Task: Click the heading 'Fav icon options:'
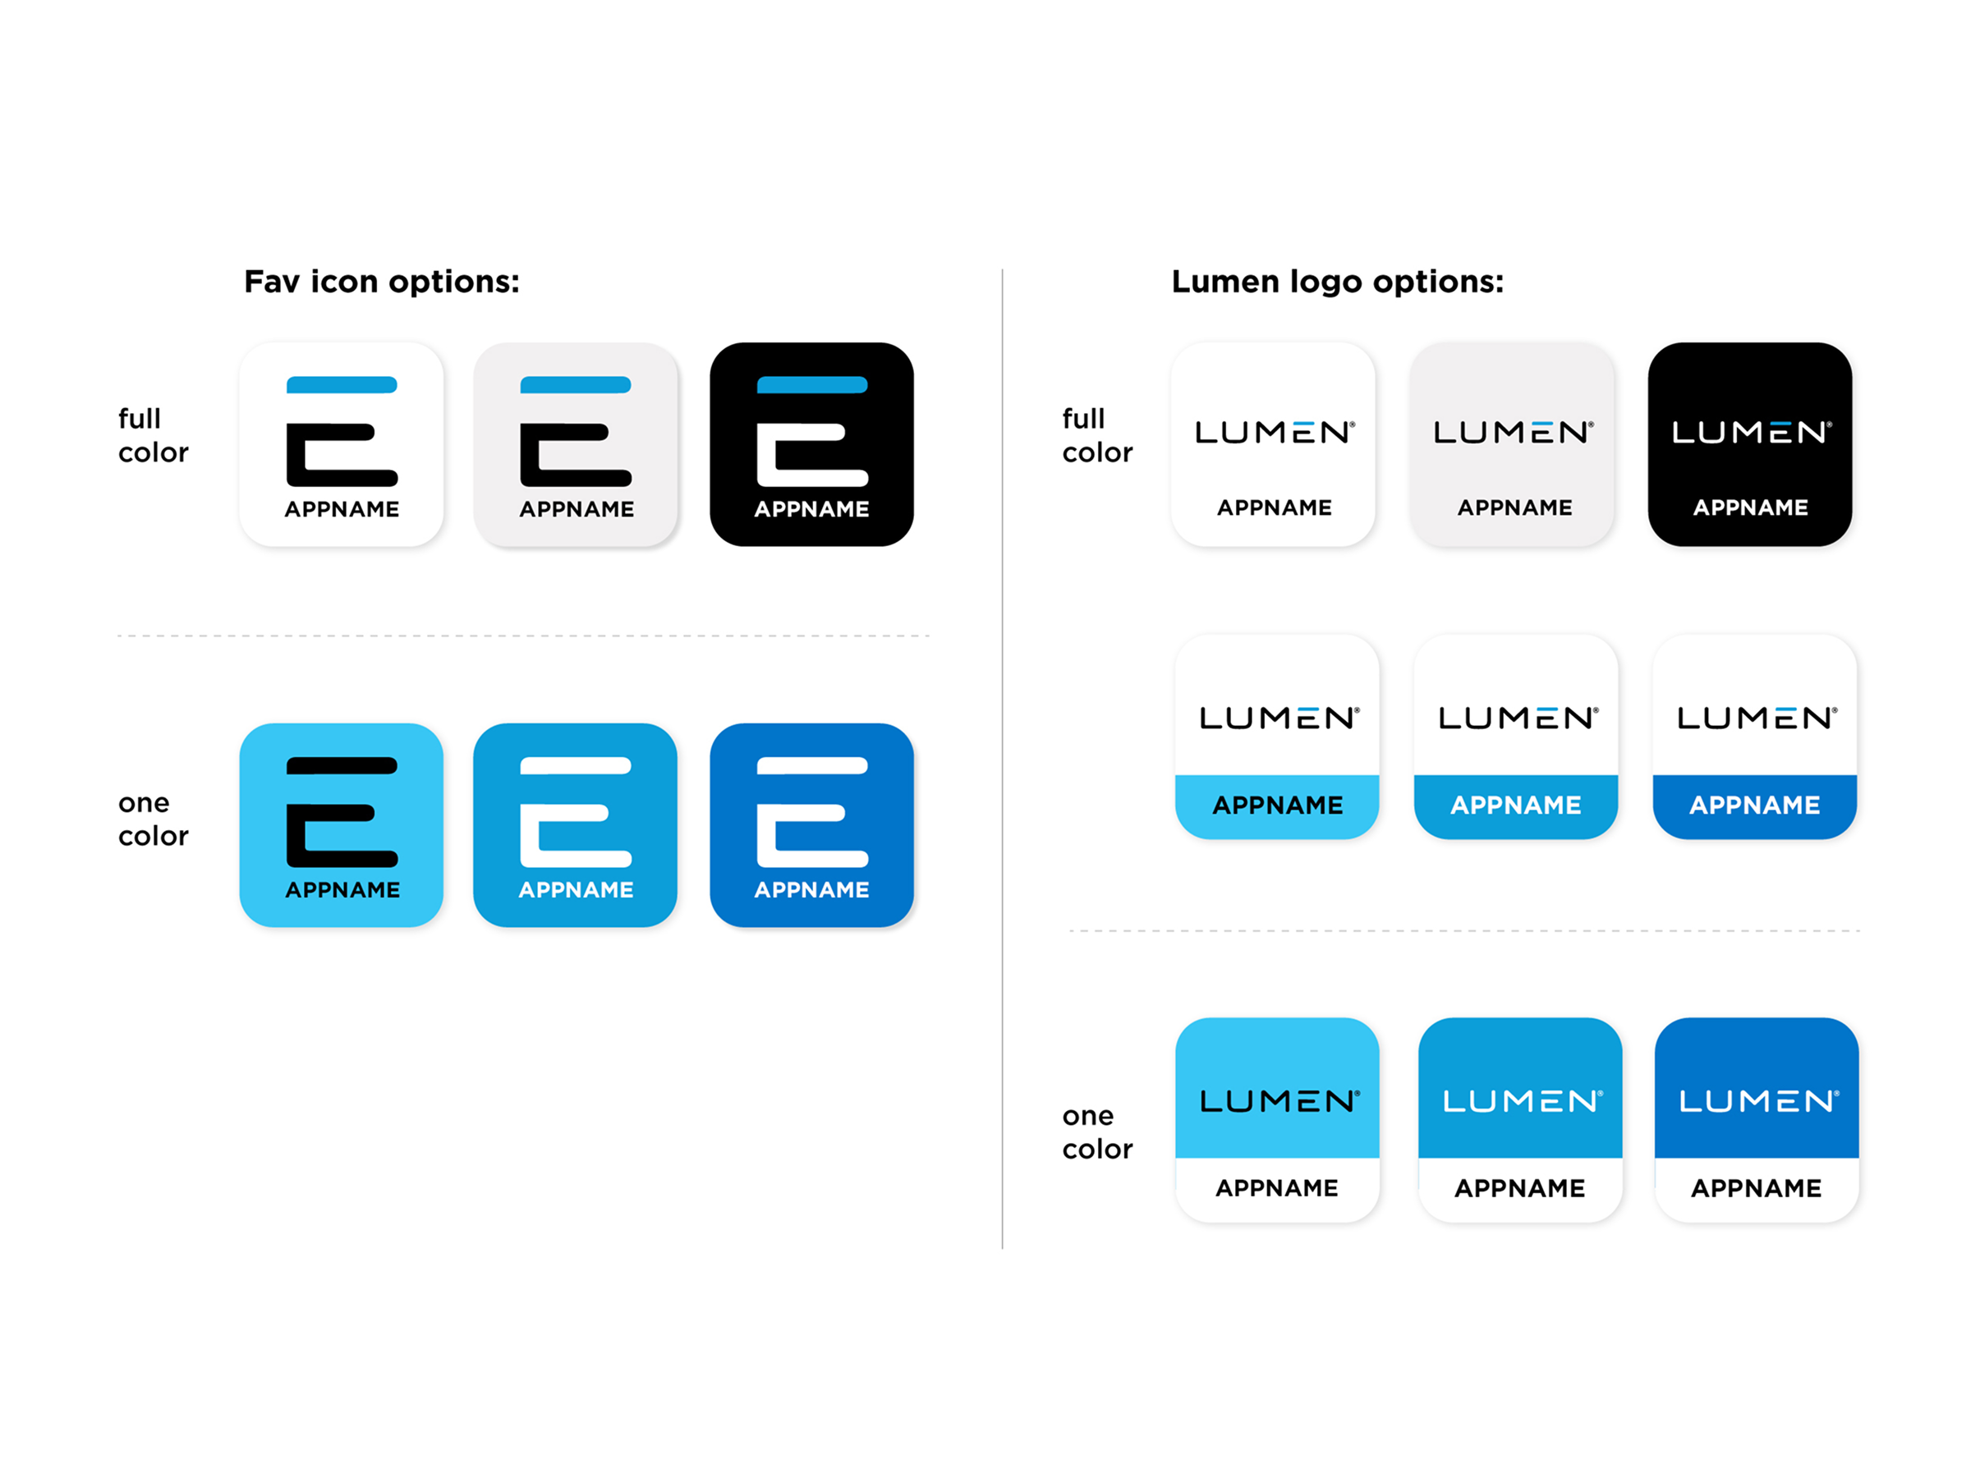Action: click(x=381, y=282)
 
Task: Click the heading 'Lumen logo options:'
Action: click(x=1336, y=282)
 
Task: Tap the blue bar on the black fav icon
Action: click(x=811, y=385)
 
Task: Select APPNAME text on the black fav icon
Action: click(x=811, y=509)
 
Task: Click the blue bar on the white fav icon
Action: click(x=342, y=385)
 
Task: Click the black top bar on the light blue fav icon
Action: click(x=342, y=765)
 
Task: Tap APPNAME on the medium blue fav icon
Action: click(x=576, y=889)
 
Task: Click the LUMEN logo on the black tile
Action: click(x=1750, y=433)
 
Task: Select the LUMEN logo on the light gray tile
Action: click(x=1513, y=433)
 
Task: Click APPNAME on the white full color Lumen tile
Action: click(x=1275, y=507)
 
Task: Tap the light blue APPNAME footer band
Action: click(x=1277, y=805)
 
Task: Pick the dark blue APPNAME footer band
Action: click(x=1754, y=805)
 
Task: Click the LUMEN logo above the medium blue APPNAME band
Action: click(x=1518, y=718)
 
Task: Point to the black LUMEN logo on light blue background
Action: click(x=1279, y=1101)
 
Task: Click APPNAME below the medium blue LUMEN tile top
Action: click(x=1519, y=1187)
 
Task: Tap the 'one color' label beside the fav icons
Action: click(x=154, y=819)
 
